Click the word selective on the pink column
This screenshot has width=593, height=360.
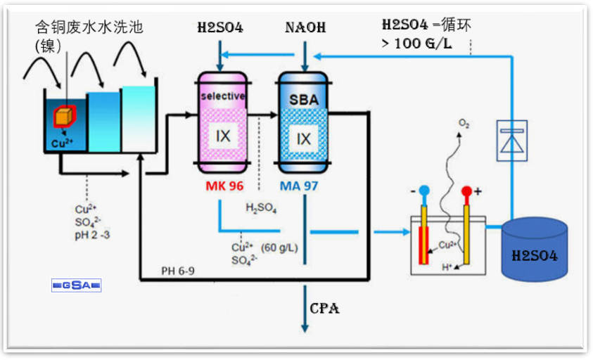(222, 96)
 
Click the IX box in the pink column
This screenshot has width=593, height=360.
(222, 137)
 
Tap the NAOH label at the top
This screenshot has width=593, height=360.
(305, 28)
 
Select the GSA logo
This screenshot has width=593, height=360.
(77, 285)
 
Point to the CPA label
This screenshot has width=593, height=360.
(325, 308)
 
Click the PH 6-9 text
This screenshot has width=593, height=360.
(177, 271)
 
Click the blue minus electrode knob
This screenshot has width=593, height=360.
(423, 191)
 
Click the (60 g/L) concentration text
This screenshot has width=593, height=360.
(279, 247)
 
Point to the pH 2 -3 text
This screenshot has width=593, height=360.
(92, 233)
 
